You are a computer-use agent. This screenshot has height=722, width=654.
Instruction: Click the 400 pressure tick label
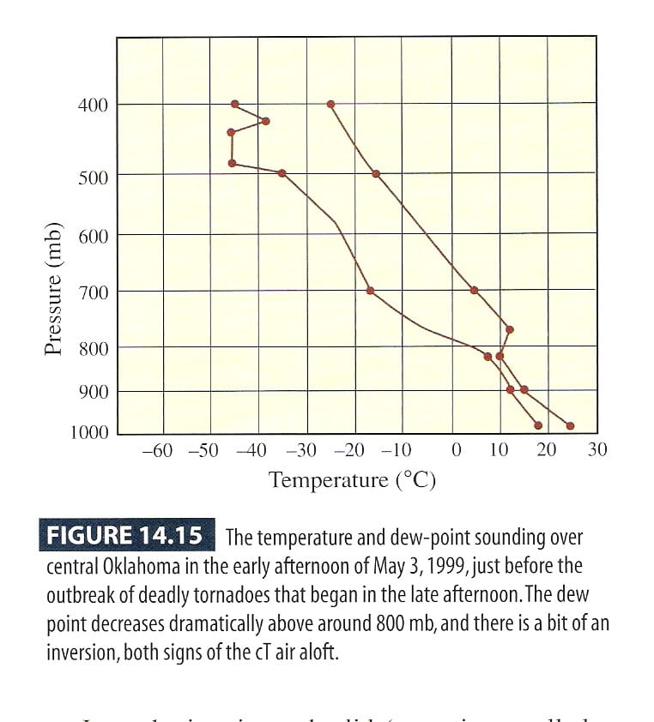pyautogui.click(x=93, y=105)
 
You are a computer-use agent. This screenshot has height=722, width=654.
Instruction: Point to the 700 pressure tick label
pyautogui.click(x=93, y=292)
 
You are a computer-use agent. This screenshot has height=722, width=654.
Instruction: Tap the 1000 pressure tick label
pyautogui.click(x=89, y=431)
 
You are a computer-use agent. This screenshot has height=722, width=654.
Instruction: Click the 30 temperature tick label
pyautogui.click(x=597, y=449)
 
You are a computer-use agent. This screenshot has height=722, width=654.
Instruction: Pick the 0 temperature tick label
pyautogui.click(x=456, y=450)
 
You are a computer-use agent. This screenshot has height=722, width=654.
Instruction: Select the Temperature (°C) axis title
pyautogui.click(x=353, y=479)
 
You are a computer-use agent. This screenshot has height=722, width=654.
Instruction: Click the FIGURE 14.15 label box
pyautogui.click(x=124, y=537)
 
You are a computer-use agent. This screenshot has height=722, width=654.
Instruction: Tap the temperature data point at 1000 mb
pyautogui.click(x=570, y=425)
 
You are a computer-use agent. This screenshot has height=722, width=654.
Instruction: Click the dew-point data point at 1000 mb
pyautogui.click(x=538, y=425)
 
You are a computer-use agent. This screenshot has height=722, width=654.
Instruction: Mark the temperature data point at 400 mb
pyautogui.click(x=330, y=104)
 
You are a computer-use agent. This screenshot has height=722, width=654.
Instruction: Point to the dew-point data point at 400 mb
pyautogui.click(x=234, y=104)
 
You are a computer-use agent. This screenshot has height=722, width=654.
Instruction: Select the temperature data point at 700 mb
pyautogui.click(x=474, y=290)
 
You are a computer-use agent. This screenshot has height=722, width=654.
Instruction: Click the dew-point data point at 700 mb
pyautogui.click(x=370, y=291)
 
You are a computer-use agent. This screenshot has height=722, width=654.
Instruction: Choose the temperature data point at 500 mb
pyautogui.click(x=376, y=173)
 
